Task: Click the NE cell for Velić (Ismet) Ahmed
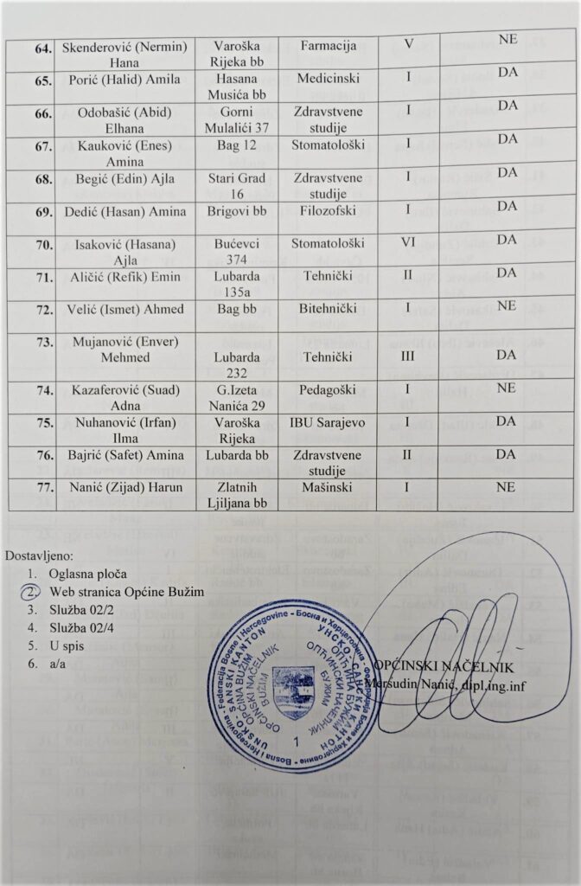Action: click(508, 306)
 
